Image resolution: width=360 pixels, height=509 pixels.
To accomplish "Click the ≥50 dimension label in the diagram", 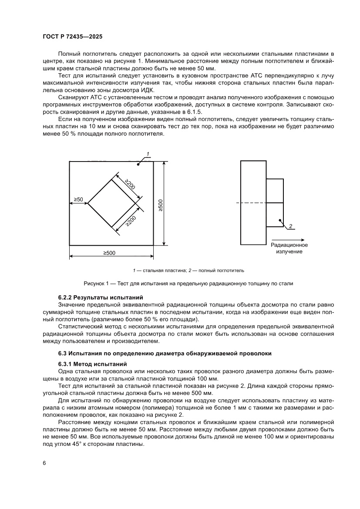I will [x=78, y=199].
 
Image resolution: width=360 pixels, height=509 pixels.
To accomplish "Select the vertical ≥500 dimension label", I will [x=161, y=205].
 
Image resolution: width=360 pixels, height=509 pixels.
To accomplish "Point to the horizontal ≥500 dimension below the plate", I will [x=109, y=253].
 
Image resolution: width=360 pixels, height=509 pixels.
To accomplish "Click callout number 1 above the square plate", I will [x=148, y=154].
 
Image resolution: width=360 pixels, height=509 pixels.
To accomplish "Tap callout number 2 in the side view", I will [x=290, y=226].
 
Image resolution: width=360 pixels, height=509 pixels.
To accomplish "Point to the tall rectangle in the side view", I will [x=253, y=202].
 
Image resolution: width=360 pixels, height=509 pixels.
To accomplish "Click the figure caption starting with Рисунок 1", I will [x=188, y=283].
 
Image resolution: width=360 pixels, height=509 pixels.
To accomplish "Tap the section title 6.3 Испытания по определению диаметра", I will [x=165, y=353].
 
